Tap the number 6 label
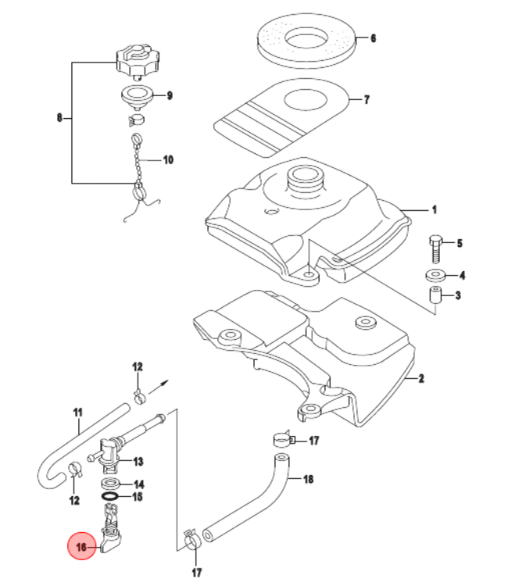(x=373, y=38)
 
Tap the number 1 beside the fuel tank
(x=435, y=209)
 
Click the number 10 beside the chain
(x=168, y=160)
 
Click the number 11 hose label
(x=77, y=412)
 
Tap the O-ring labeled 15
(x=112, y=496)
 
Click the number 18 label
(x=308, y=479)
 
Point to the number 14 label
(x=138, y=484)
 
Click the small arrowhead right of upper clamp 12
(x=165, y=384)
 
